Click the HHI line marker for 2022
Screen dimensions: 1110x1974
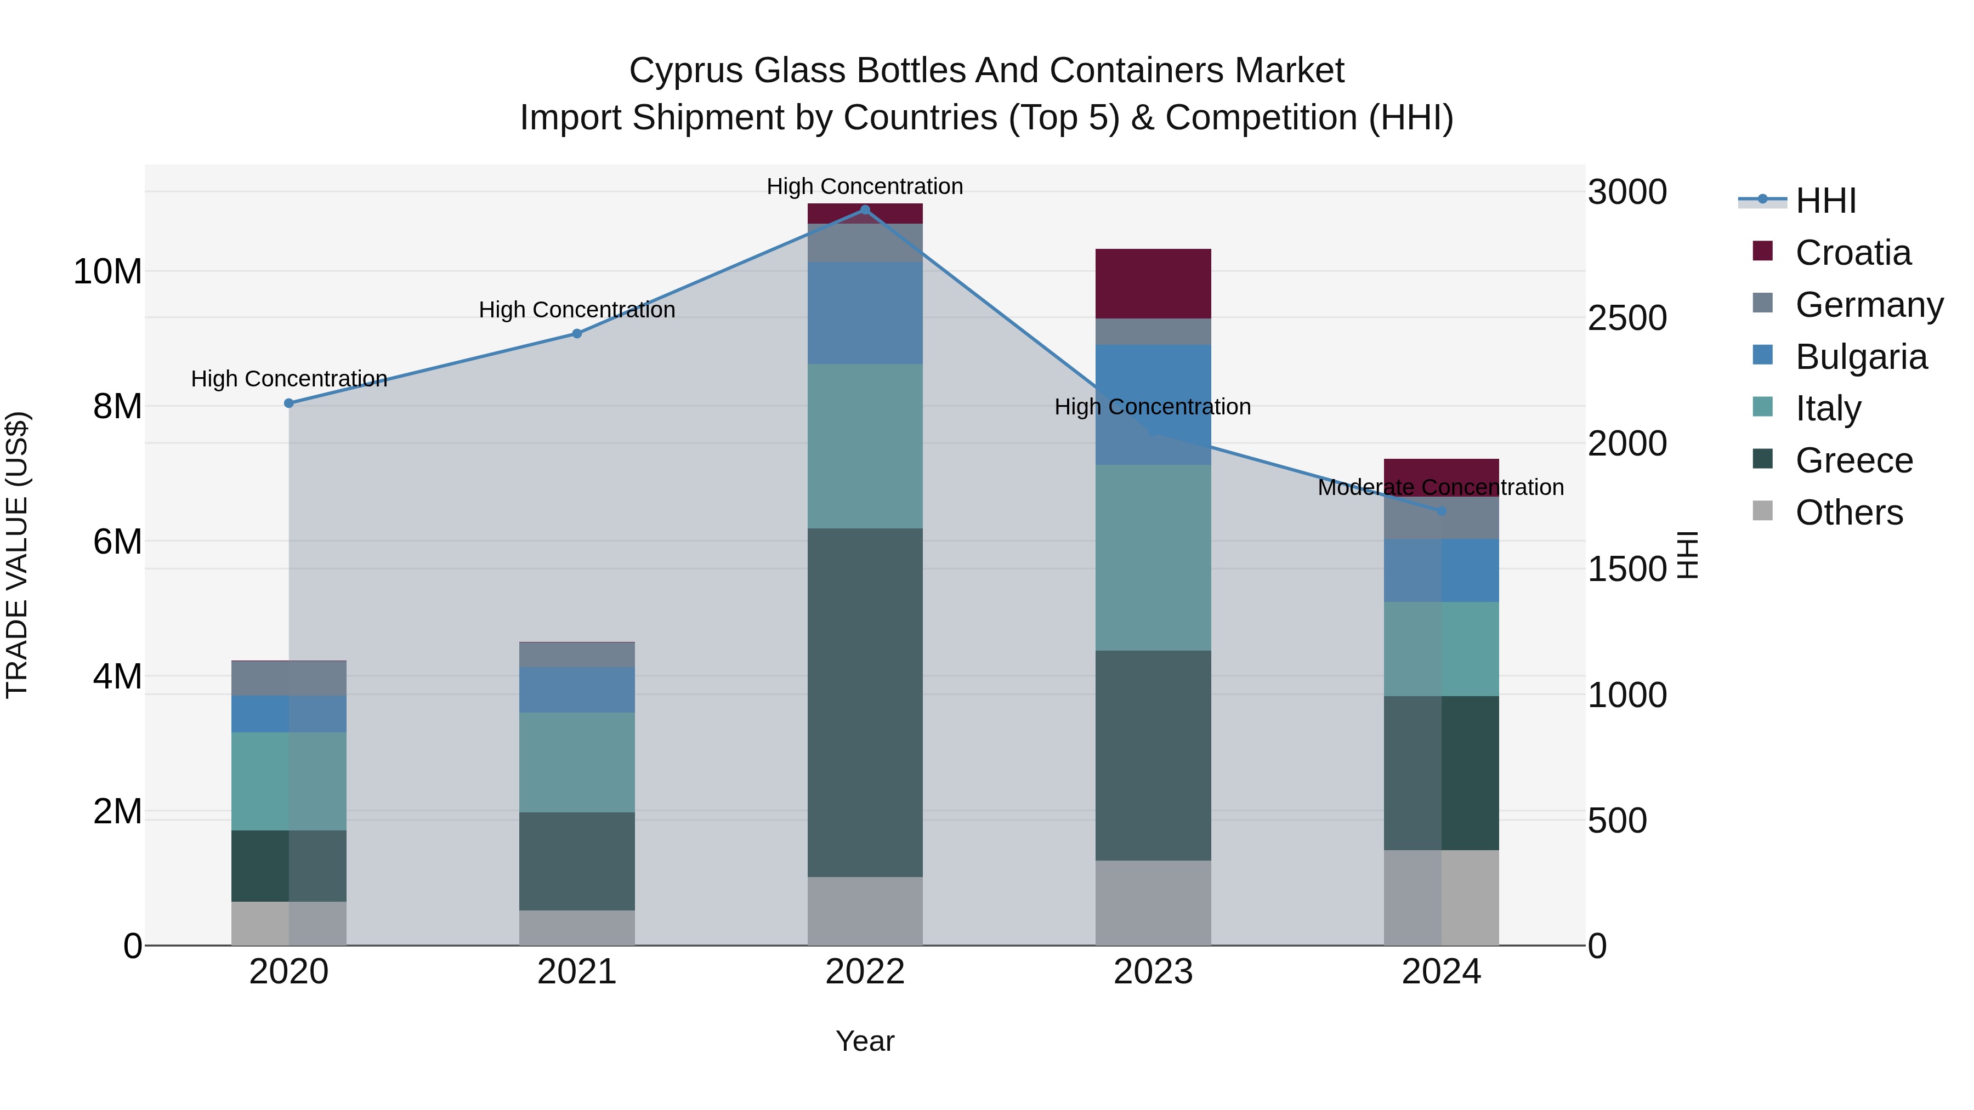coord(865,210)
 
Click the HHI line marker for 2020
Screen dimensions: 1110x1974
coord(289,403)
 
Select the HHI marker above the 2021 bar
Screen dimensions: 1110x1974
coord(577,333)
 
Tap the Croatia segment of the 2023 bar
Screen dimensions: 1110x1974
coord(1153,283)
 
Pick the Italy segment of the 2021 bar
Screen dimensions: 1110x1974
coord(577,762)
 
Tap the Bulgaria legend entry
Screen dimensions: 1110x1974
coord(1860,357)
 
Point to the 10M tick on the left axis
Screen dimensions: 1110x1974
coord(107,272)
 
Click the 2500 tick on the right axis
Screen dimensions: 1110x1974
coord(1626,318)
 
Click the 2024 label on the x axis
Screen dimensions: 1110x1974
coord(1440,972)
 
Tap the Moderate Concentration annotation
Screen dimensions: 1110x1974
coord(1440,487)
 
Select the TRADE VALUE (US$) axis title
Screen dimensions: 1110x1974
coord(17,555)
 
